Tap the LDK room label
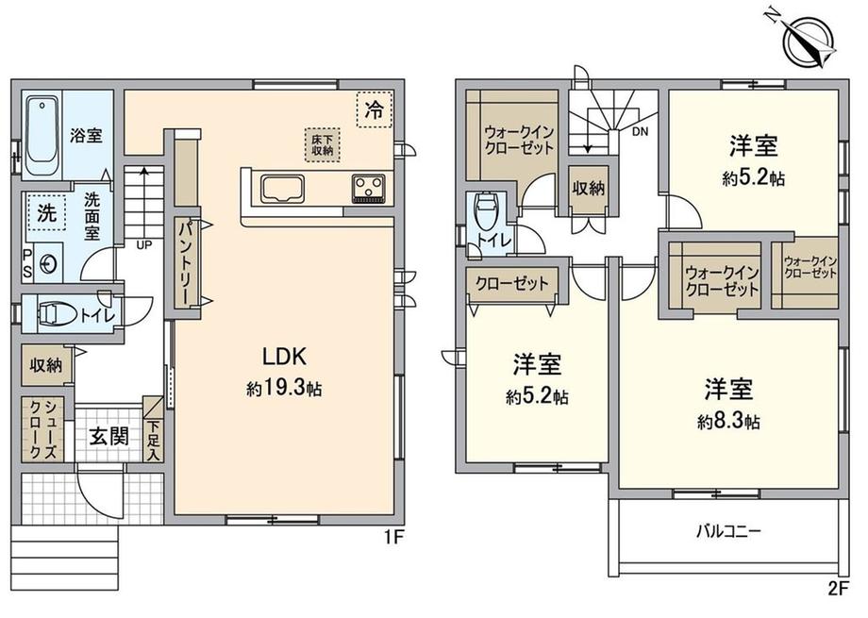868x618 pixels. click(284, 357)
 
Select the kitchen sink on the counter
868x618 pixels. click(283, 189)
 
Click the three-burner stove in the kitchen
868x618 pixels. click(369, 189)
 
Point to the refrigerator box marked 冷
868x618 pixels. click(375, 109)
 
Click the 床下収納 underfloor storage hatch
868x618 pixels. click(322, 145)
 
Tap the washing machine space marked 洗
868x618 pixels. click(46, 213)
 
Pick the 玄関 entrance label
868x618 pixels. click(109, 436)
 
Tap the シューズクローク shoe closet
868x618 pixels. click(42, 429)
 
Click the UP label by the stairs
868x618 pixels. click(144, 244)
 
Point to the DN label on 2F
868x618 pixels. click(640, 132)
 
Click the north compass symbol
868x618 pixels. click(809, 41)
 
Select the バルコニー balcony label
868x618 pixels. click(728, 532)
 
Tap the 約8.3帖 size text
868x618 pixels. click(728, 422)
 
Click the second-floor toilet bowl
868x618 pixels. click(487, 212)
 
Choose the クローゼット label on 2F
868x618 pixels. click(512, 284)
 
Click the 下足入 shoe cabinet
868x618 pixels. click(154, 429)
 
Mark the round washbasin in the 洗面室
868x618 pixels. click(48, 263)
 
